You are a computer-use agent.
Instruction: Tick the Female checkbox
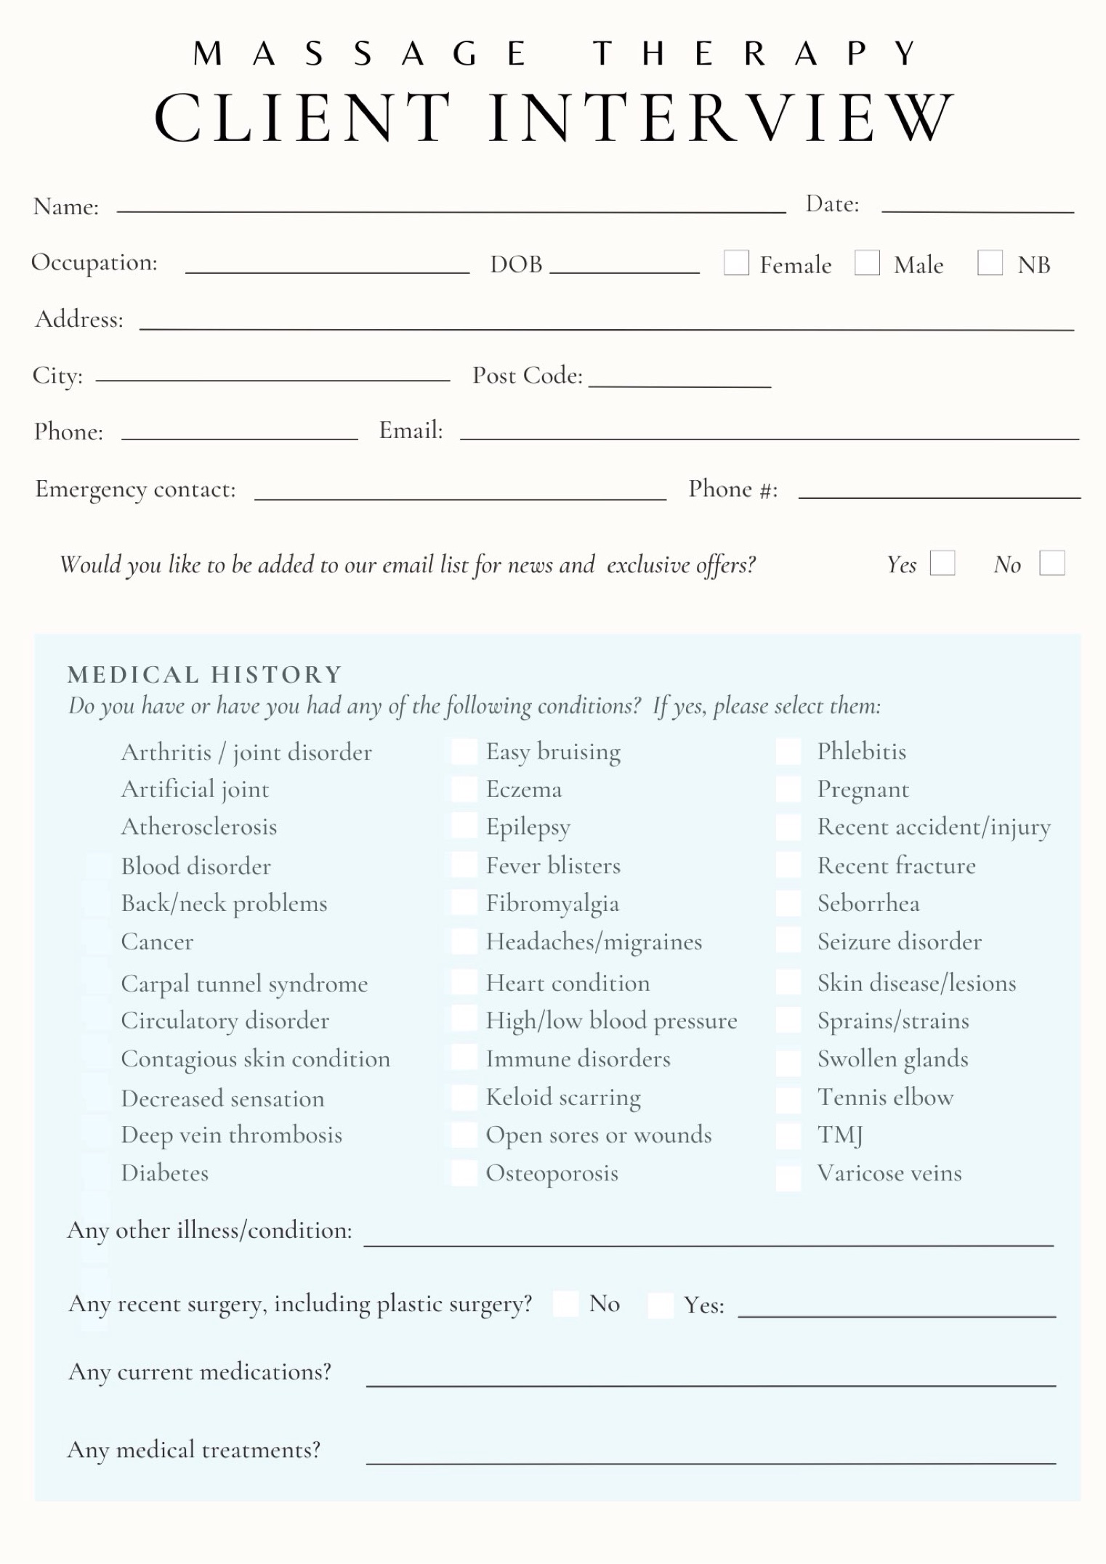736,263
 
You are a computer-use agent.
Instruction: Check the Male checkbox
867,263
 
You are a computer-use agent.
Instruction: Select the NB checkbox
990,263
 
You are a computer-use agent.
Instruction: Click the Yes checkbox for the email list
942,563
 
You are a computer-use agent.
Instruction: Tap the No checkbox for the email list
1052,563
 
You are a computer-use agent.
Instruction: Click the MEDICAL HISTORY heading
204,675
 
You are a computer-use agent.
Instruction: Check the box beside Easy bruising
464,752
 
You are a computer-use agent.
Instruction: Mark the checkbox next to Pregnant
788,789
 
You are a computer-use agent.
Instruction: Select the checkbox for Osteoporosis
464,1172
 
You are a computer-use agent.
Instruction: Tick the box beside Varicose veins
788,1176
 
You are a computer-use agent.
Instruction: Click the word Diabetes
165,1173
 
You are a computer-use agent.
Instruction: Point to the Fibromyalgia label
552,904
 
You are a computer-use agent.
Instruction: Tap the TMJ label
840,1135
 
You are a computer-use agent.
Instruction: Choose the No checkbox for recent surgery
565,1304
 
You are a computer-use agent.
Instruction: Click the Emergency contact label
136,490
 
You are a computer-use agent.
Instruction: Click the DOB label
516,264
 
